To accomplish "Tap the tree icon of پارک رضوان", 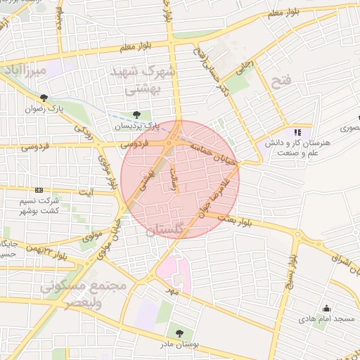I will pyautogui.click(x=44, y=98).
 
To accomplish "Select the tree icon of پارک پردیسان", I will pyautogui.click(x=137, y=115).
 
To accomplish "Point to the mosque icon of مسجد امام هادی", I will pyautogui.click(x=327, y=308).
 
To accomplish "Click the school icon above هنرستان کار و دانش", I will pyautogui.click(x=297, y=131).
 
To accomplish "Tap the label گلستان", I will pyautogui.click(x=167, y=230).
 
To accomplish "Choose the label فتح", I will pyautogui.click(x=279, y=82).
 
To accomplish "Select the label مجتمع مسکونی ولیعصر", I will pyautogui.click(x=83, y=295).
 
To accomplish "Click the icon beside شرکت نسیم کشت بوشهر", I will pyautogui.click(x=39, y=190).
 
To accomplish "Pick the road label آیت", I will pyautogui.click(x=86, y=193).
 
